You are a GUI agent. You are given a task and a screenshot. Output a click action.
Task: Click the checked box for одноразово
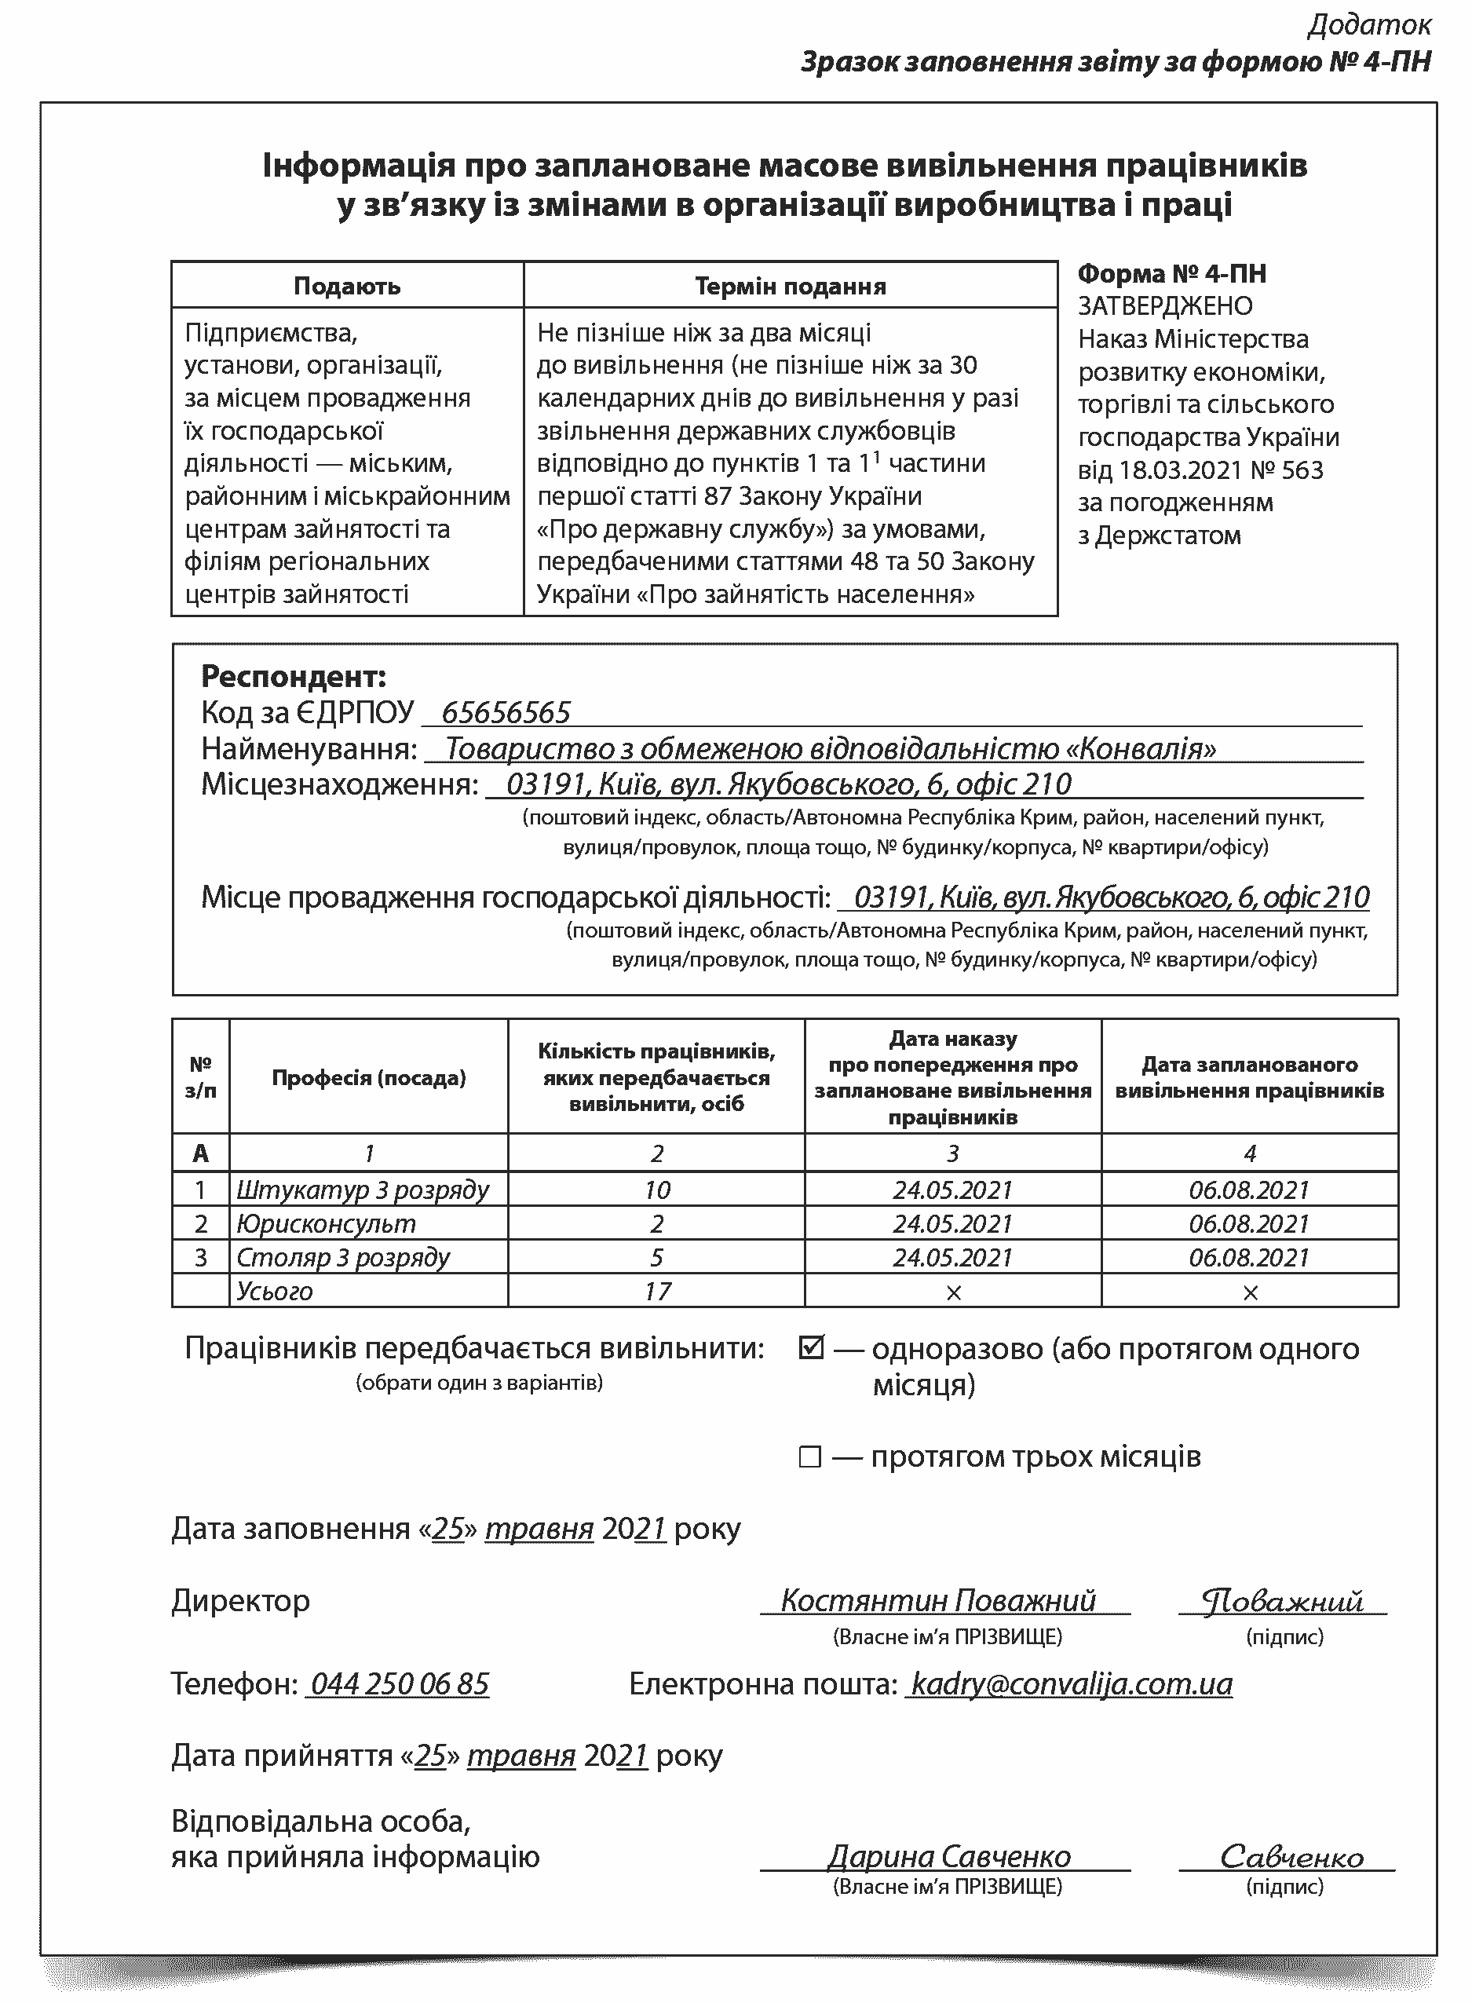click(811, 1349)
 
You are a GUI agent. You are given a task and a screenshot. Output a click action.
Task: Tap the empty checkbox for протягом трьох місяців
click(809, 1457)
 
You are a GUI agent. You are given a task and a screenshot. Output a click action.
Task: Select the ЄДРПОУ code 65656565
click(506, 713)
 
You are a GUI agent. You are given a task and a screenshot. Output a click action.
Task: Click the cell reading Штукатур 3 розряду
click(363, 1190)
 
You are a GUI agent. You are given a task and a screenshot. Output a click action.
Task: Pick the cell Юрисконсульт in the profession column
click(326, 1223)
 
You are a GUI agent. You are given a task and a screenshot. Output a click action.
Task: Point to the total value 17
click(656, 1291)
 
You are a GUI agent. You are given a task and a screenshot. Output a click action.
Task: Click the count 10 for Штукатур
click(656, 1190)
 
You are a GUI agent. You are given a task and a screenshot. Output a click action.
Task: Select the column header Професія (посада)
click(369, 1078)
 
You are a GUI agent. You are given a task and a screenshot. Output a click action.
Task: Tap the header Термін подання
click(791, 286)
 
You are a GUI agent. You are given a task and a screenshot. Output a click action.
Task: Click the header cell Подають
click(347, 286)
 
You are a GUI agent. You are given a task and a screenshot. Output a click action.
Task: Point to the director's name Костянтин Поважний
click(937, 1600)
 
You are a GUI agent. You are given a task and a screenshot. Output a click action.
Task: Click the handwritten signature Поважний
click(1282, 1601)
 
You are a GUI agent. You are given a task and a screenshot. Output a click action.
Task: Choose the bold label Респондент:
click(293, 676)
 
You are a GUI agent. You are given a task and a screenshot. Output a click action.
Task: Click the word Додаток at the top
click(1368, 25)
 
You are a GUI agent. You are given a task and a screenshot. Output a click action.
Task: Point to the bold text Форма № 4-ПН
click(1172, 273)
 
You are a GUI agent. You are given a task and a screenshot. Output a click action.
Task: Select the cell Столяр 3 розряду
click(343, 1257)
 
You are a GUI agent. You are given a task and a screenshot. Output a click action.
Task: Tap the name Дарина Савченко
click(948, 1856)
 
